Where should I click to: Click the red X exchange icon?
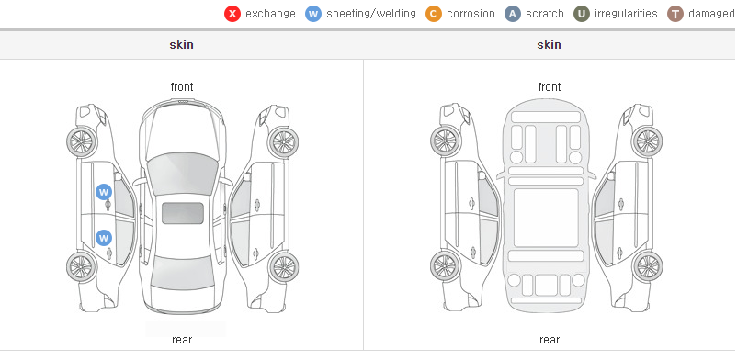[232, 14]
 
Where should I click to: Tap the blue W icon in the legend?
[313, 14]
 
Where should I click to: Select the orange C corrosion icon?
[434, 14]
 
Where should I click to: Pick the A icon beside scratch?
[513, 14]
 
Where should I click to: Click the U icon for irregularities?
[582, 14]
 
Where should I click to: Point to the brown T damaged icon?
[675, 14]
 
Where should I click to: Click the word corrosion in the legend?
[471, 14]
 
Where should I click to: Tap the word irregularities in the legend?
[626, 14]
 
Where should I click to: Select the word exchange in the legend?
[270, 14]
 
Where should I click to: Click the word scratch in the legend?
[545, 14]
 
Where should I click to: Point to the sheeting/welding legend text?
[371, 14]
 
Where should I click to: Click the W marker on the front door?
[104, 192]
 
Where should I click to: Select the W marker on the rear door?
[104, 238]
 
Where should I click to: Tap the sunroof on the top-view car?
[183, 213]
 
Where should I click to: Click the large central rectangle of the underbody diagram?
[546, 218]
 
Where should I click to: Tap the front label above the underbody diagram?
[550, 87]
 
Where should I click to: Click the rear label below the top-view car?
[182, 340]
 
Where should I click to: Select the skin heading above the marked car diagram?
[181, 45]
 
